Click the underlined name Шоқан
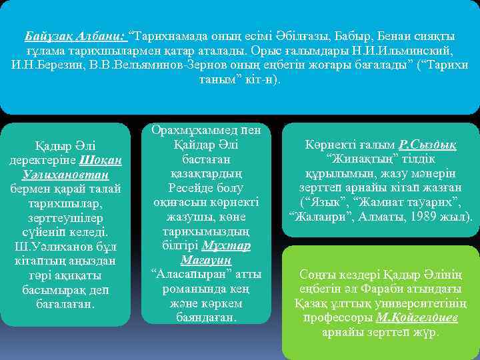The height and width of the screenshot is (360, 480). coord(100,160)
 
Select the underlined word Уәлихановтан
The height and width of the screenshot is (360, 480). coord(65,175)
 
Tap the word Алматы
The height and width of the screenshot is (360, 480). coord(391,217)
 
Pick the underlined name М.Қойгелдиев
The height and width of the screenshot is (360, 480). coord(417,318)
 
